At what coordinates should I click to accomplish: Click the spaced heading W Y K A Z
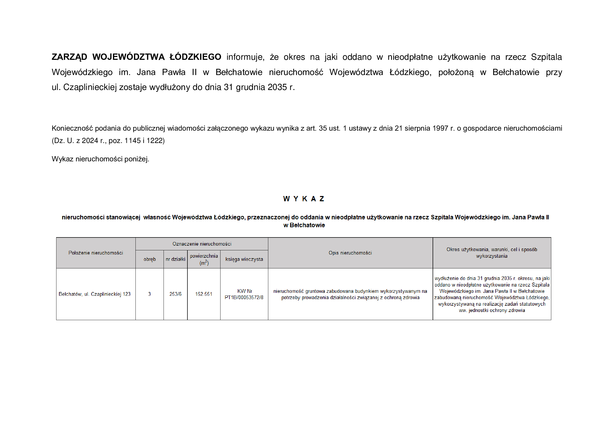click(303, 199)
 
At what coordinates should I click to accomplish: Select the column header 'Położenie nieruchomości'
click(96, 253)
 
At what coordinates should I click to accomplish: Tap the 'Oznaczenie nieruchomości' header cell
click(202, 244)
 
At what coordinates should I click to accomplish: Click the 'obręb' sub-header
click(149, 259)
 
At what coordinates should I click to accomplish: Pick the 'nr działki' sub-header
click(175, 259)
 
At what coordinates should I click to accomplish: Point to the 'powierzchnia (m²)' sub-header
click(204, 259)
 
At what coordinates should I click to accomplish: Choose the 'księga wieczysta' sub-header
click(244, 259)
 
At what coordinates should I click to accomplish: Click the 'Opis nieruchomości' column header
click(350, 253)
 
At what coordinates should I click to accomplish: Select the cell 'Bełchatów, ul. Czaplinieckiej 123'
click(95, 294)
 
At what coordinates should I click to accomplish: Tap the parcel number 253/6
click(175, 294)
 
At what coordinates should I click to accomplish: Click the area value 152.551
click(203, 294)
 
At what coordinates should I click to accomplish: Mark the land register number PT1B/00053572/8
click(244, 298)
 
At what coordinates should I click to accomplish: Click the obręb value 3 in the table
click(149, 294)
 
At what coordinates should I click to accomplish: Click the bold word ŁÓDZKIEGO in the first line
click(195, 57)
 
